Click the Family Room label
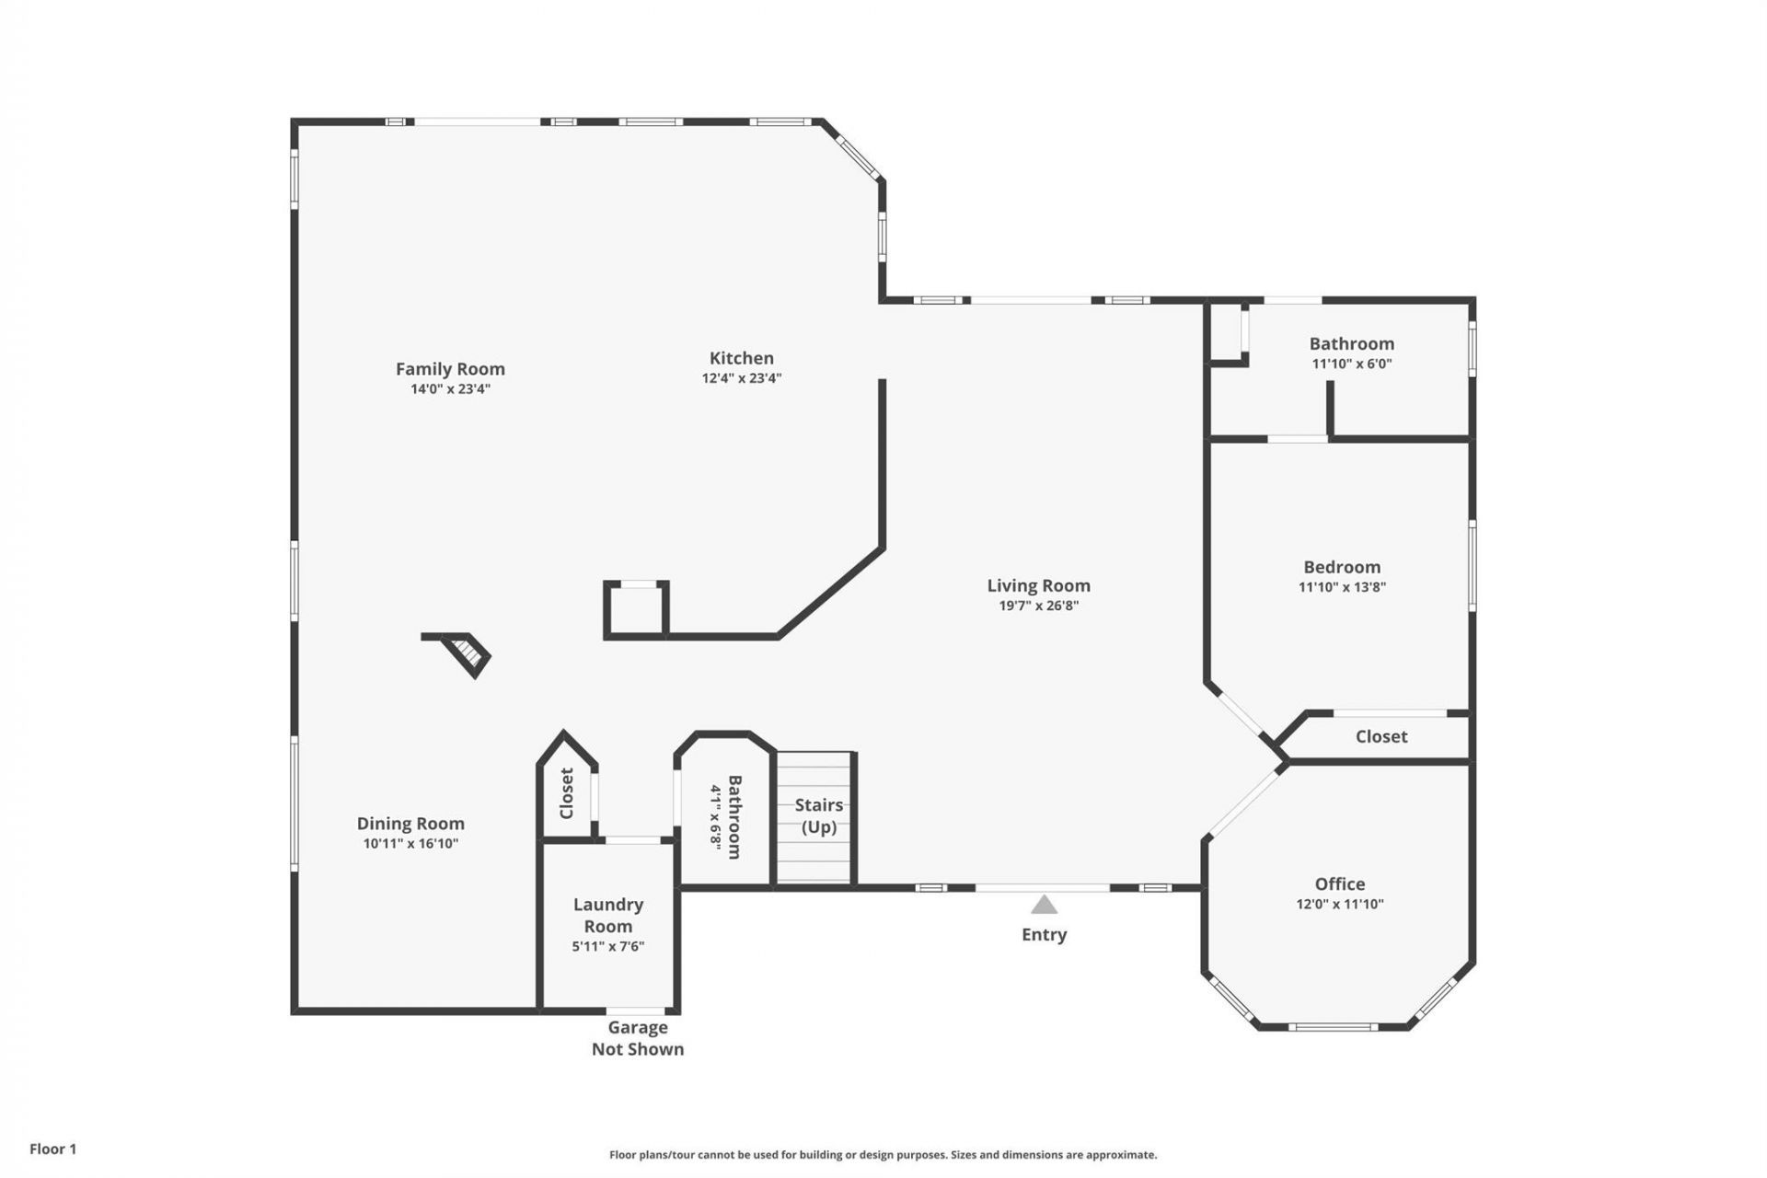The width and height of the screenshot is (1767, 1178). pyautogui.click(x=450, y=369)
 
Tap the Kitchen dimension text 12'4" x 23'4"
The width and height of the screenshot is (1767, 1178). pyautogui.click(x=741, y=378)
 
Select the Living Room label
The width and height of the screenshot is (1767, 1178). pyautogui.click(x=1038, y=585)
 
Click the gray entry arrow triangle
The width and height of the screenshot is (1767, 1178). pyautogui.click(x=1044, y=906)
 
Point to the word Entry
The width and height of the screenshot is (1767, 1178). pyautogui.click(x=1044, y=934)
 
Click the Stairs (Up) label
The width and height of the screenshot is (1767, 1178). pyautogui.click(x=818, y=815)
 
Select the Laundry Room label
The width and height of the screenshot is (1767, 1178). pyautogui.click(x=607, y=915)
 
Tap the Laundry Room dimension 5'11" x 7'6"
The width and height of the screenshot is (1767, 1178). pyautogui.click(x=607, y=946)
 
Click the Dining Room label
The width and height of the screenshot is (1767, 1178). pyautogui.click(x=410, y=824)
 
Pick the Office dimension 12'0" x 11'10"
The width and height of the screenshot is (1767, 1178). pyautogui.click(x=1339, y=904)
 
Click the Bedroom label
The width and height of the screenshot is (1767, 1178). pyautogui.click(x=1342, y=567)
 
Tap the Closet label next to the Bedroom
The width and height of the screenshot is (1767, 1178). pyautogui.click(x=1380, y=736)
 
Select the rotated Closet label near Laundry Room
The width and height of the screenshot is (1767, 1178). pyautogui.click(x=567, y=793)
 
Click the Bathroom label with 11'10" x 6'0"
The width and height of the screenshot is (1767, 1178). pyautogui.click(x=1351, y=344)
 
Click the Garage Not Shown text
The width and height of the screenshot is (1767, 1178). pyautogui.click(x=637, y=1038)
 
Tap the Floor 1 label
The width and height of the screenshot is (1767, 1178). pyautogui.click(x=52, y=1149)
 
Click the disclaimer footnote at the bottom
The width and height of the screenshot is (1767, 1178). pyautogui.click(x=883, y=1155)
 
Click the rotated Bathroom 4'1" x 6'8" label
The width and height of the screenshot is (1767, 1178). pyautogui.click(x=726, y=816)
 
